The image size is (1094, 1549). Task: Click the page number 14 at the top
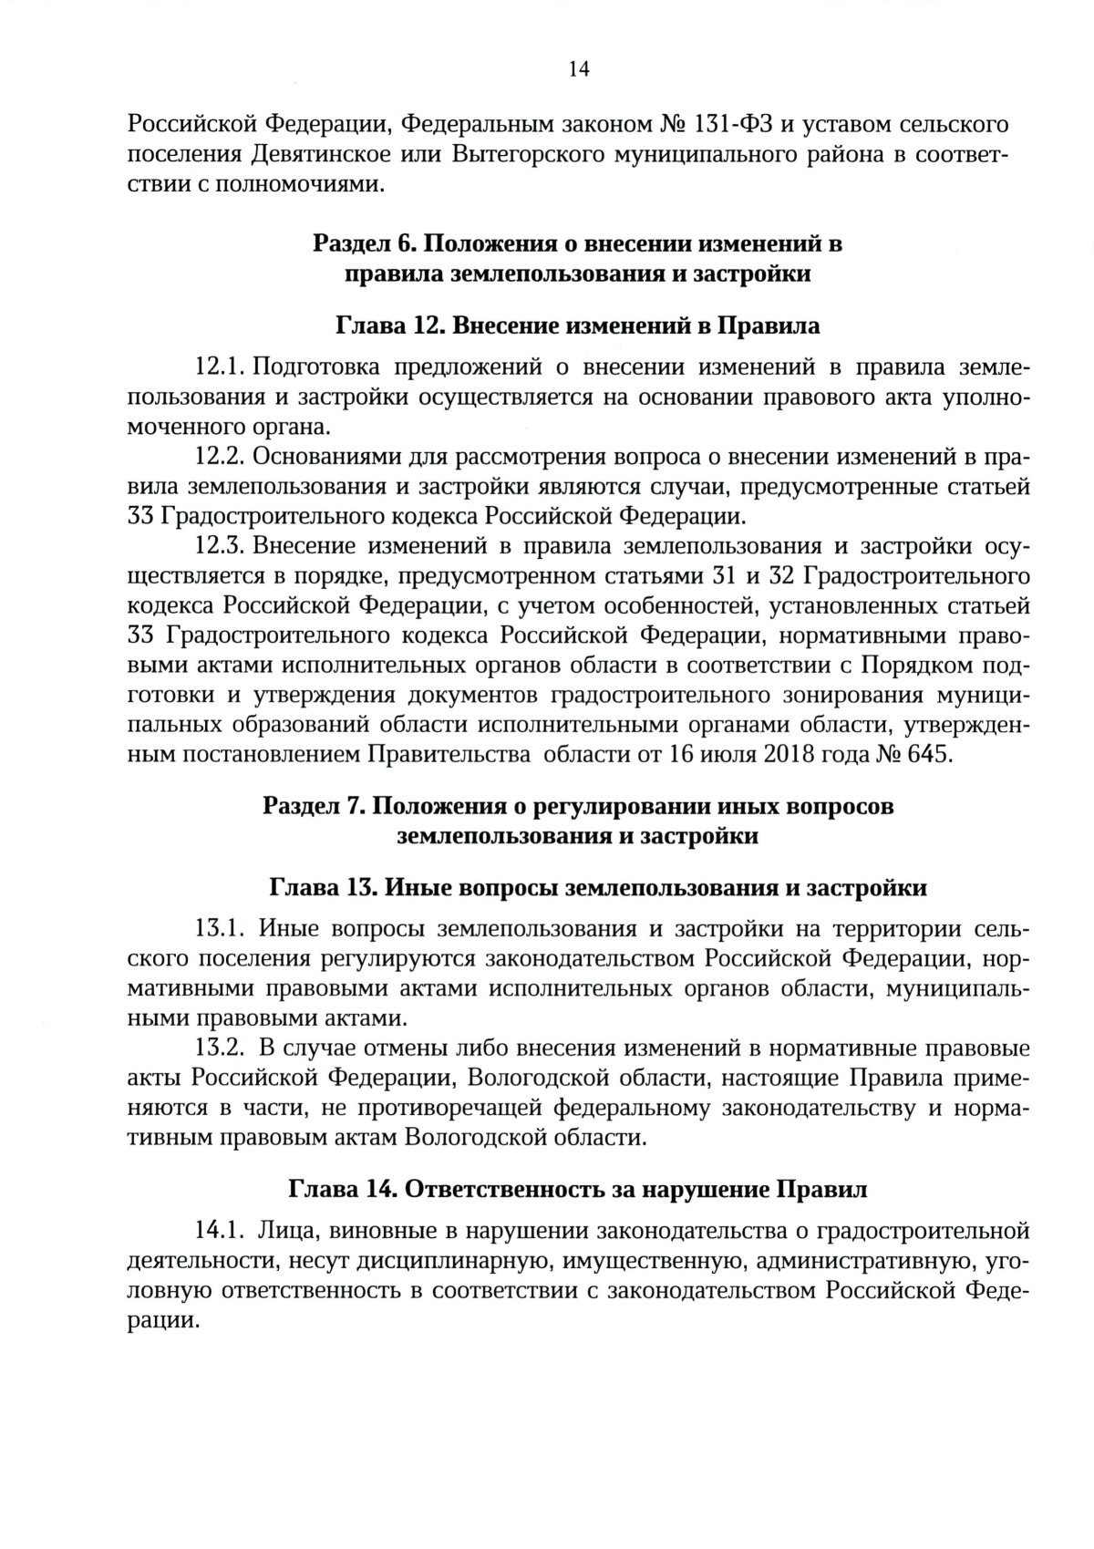pyautogui.click(x=578, y=70)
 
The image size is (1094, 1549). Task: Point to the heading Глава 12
pyautogui.click(x=390, y=325)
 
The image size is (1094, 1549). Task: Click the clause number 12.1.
pyautogui.click(x=219, y=367)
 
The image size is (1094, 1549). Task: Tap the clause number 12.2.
pyautogui.click(x=219, y=456)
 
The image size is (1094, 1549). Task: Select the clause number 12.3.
pyautogui.click(x=219, y=545)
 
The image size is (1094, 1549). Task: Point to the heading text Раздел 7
pyautogui.click(x=314, y=807)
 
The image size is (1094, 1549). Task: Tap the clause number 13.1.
pyautogui.click(x=219, y=930)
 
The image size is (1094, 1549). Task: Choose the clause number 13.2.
pyautogui.click(x=219, y=1048)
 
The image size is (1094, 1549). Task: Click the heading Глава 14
pyautogui.click(x=341, y=1190)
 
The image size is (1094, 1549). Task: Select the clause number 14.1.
pyautogui.click(x=219, y=1232)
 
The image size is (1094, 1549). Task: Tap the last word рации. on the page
pyautogui.click(x=163, y=1321)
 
